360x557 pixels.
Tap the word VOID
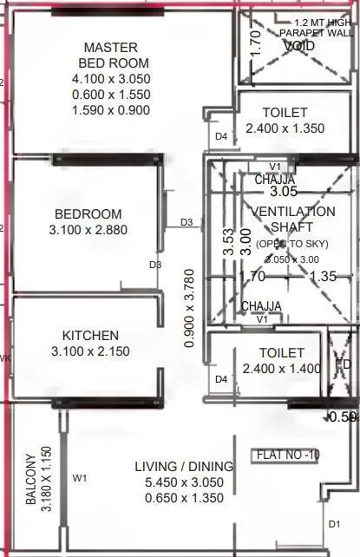(x=298, y=45)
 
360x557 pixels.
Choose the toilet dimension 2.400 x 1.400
(x=282, y=369)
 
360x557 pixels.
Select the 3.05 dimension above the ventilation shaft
(x=284, y=191)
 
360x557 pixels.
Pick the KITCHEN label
(x=90, y=336)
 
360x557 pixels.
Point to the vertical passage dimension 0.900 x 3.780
(x=189, y=308)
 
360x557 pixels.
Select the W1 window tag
(x=80, y=477)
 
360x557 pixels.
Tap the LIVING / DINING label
(x=179, y=467)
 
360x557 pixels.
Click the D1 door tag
(x=334, y=524)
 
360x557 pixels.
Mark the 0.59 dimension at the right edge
(x=344, y=417)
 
